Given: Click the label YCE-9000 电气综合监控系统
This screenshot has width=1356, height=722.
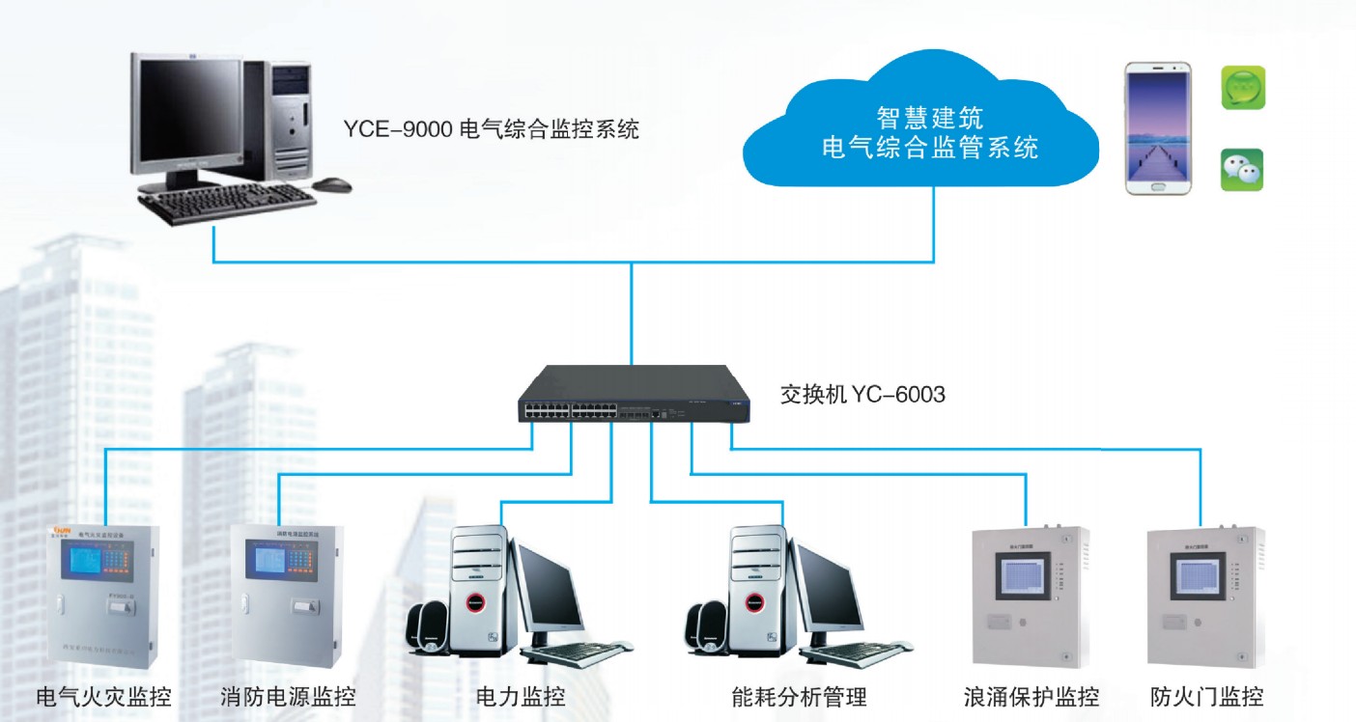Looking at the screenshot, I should [x=491, y=129].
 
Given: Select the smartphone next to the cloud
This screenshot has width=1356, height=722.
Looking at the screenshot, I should [x=1158, y=128].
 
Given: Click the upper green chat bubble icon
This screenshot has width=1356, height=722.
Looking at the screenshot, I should [x=1243, y=88].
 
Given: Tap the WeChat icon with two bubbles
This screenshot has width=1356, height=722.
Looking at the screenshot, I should [x=1242, y=170].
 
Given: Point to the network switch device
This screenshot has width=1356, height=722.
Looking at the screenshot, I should [x=633, y=396].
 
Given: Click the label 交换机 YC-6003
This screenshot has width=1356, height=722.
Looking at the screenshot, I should [x=862, y=394].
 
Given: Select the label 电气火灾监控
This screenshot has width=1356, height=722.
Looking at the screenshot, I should [x=103, y=696].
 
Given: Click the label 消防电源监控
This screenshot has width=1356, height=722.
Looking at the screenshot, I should [x=288, y=696].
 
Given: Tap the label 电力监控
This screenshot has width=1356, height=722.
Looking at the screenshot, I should [x=521, y=696].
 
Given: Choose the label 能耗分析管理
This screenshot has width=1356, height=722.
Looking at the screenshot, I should [x=799, y=696].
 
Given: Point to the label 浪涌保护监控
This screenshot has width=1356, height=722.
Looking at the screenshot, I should [x=1031, y=696].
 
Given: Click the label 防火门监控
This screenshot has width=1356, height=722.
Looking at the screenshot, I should [x=1207, y=696].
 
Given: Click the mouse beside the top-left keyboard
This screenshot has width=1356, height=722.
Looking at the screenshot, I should [x=333, y=182].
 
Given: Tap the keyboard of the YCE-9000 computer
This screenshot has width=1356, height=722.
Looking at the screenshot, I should [x=228, y=202].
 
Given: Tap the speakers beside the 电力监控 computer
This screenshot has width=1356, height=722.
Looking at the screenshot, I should [x=431, y=627].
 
